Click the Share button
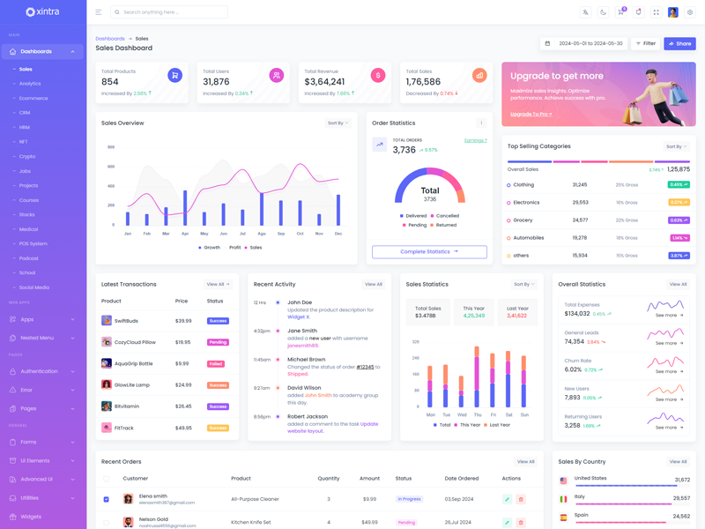coord(679,43)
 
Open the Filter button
coord(646,43)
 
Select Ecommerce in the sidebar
coord(33,98)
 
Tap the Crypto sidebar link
coord(27,156)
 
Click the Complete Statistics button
coord(429,251)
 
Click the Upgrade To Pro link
coord(531,114)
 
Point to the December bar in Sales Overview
coord(338,210)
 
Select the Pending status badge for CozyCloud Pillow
coord(218,342)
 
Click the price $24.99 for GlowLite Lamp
coord(183,384)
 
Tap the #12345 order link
coord(365,367)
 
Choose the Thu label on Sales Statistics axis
coord(478,414)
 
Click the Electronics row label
coord(526,203)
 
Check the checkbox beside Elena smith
coord(107,499)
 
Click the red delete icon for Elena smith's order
coord(521,499)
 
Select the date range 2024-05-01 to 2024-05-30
coord(590,43)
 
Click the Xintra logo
coord(42,12)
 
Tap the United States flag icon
coord(564,481)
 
